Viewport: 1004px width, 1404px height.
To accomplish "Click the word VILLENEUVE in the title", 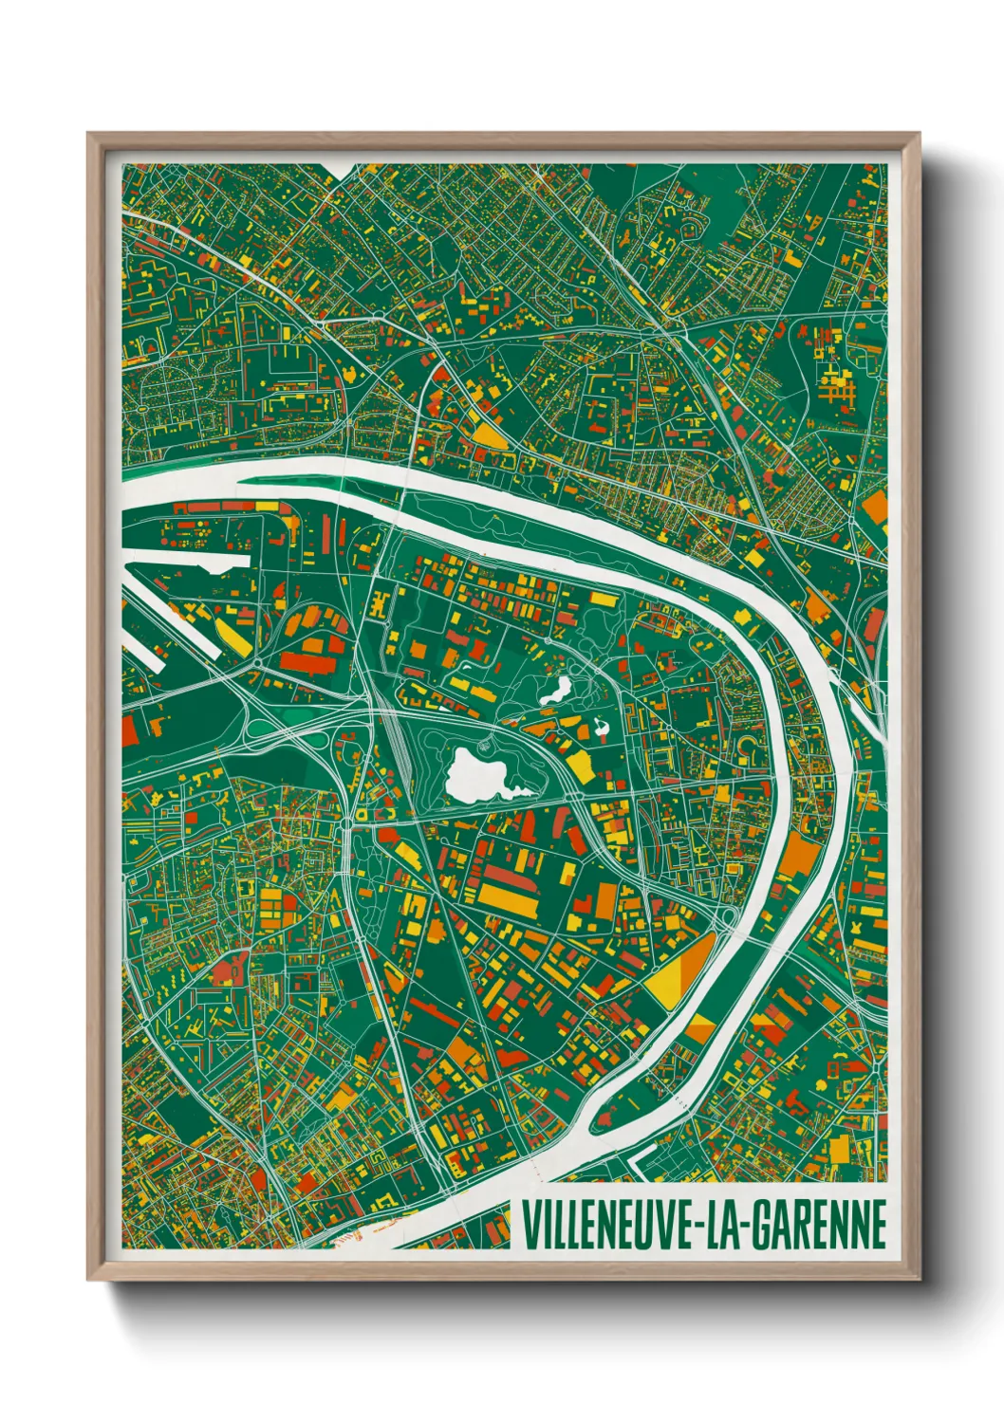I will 606,1225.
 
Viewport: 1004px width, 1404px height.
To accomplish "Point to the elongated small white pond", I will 554,691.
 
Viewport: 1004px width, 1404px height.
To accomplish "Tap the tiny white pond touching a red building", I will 601,730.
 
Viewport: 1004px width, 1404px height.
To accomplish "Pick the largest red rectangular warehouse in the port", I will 306,658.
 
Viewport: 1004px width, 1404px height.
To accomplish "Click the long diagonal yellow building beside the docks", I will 233,636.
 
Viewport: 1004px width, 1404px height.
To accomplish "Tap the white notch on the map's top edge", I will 344,169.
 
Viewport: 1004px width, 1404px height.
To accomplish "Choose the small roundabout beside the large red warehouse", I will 259,661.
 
